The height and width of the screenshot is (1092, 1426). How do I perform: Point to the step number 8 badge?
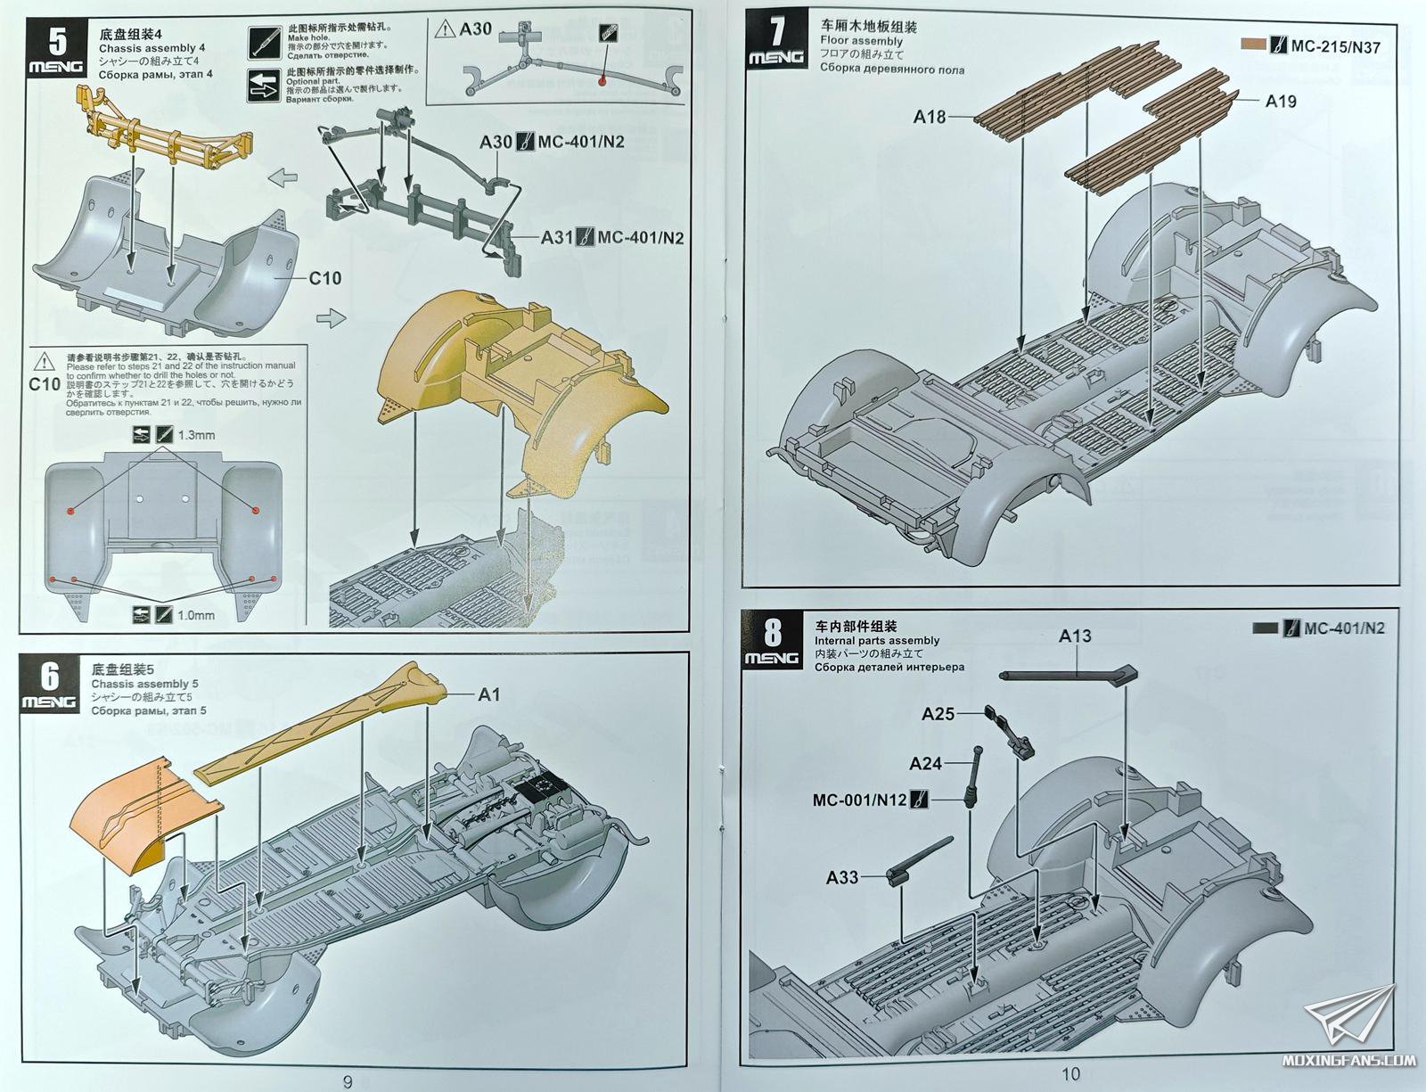772,641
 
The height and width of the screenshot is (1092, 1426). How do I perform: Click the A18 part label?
930,116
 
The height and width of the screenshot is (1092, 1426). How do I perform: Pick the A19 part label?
1281,102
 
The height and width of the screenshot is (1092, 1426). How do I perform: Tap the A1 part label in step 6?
489,695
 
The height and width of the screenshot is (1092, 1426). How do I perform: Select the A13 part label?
1075,636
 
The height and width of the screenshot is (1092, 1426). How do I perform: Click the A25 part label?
938,714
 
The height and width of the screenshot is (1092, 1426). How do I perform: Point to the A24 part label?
926,763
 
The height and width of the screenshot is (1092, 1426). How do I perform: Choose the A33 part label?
842,877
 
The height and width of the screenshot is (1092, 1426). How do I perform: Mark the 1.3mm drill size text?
196,435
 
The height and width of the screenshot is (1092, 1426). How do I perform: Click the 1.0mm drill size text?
196,614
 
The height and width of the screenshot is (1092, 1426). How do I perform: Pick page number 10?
1071,1074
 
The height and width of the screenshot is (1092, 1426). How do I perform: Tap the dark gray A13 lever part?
1069,677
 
